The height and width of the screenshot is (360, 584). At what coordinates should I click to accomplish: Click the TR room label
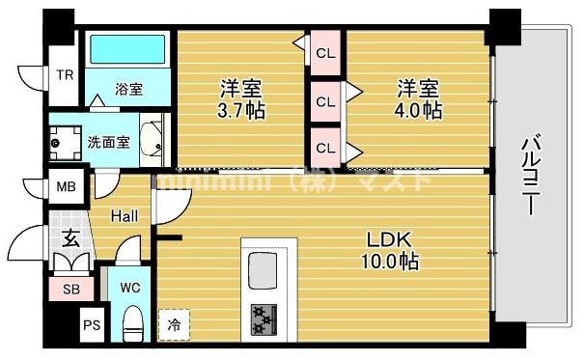tap(64, 75)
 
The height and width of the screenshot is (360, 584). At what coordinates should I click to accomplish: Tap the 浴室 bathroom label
tap(128, 90)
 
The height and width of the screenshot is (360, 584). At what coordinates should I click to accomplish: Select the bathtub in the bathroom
tap(127, 52)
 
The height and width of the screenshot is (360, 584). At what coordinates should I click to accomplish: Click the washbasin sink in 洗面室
tap(151, 139)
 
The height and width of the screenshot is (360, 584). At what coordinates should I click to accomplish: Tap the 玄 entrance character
tap(70, 237)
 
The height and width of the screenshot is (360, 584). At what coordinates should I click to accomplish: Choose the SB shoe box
tap(70, 289)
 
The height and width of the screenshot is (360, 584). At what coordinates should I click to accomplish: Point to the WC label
tap(130, 287)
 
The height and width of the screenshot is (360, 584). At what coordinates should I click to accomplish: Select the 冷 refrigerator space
tap(174, 323)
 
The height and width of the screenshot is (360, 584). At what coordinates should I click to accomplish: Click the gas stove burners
tap(263, 317)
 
